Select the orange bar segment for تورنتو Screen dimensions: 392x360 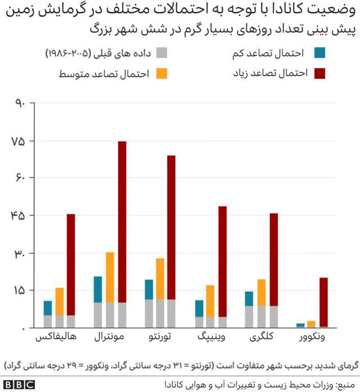click(x=160, y=279)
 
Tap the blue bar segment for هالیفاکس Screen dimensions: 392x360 click(x=48, y=308)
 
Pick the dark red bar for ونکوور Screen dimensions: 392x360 click(x=323, y=302)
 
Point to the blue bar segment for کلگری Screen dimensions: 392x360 click(x=249, y=299)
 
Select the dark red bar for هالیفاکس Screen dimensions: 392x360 click(x=71, y=265)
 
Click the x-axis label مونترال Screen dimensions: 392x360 click(x=110, y=338)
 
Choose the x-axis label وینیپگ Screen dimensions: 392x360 click(x=211, y=338)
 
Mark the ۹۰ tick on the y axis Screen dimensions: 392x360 click(x=17, y=104)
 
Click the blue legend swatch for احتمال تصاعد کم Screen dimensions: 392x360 click(x=320, y=54)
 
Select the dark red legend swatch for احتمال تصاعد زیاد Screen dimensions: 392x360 click(x=320, y=73)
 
